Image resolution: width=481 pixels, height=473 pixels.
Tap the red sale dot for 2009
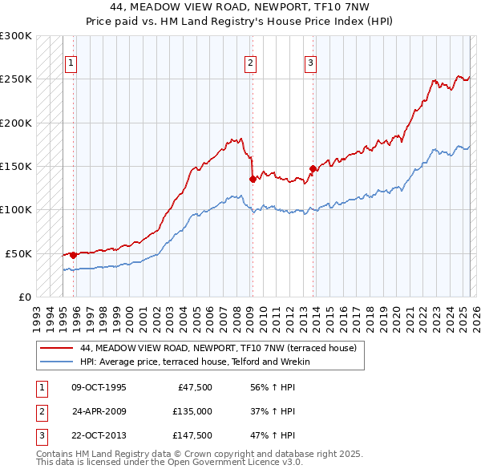click(x=253, y=179)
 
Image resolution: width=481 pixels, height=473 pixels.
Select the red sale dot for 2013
click(x=313, y=168)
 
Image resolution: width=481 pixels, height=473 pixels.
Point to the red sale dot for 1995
click(x=73, y=255)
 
